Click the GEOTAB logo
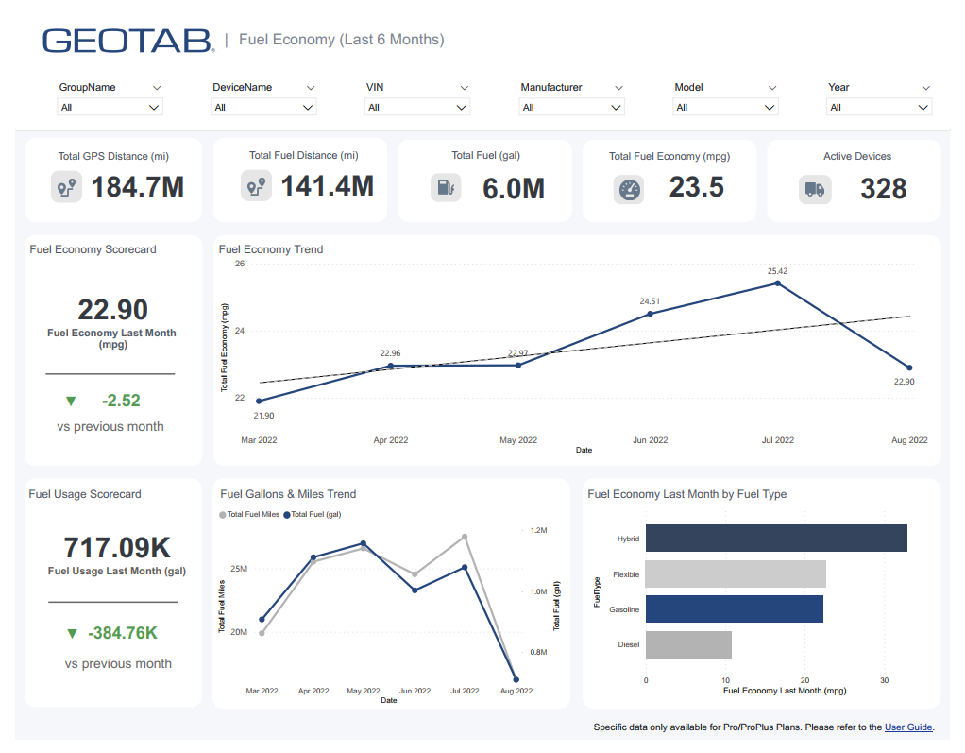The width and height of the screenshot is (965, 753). click(128, 40)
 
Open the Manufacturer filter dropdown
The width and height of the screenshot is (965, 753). click(571, 108)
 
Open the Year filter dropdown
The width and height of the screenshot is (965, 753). click(879, 108)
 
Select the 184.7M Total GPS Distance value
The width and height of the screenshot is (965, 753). click(137, 187)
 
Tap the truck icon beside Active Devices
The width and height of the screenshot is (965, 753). click(813, 189)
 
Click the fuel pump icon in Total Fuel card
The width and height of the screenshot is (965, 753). click(446, 187)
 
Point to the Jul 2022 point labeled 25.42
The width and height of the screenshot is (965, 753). click(777, 282)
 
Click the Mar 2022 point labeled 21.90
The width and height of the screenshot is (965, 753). click(259, 401)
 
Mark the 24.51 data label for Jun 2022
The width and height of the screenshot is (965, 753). click(650, 301)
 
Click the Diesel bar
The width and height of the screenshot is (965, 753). click(688, 644)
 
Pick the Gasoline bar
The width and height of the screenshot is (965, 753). click(734, 608)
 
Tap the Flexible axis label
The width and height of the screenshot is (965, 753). click(625, 574)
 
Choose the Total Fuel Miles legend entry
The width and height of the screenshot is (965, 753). click(249, 514)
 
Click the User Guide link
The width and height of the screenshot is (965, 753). click(908, 727)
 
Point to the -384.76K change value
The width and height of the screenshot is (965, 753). click(123, 633)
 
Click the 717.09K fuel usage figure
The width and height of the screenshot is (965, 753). click(117, 547)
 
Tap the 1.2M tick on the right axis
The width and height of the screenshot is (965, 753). click(538, 531)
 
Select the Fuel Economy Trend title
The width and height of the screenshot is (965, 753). click(271, 249)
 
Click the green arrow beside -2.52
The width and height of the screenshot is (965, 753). click(71, 401)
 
